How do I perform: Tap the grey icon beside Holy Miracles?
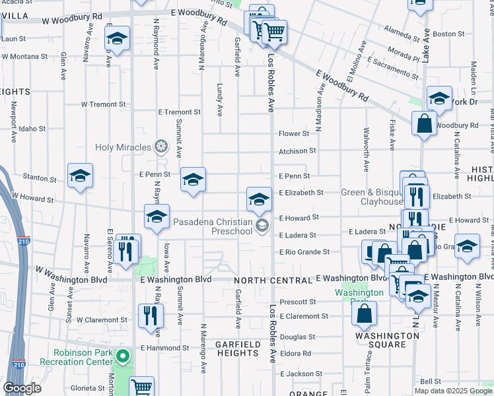160,146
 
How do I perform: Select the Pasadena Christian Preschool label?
213,226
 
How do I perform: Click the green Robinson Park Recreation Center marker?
122,357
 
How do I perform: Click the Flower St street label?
294,134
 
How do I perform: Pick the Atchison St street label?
293,151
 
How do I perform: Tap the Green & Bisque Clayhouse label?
371,197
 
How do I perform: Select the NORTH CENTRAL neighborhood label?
265,281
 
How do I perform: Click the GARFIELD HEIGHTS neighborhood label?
238,348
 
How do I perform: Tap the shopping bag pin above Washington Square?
365,314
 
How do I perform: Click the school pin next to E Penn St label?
193,180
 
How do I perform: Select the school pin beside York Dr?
439,100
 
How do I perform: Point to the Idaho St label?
32,129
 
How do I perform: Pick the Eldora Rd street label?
296,354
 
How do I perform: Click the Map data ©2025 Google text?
452,391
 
